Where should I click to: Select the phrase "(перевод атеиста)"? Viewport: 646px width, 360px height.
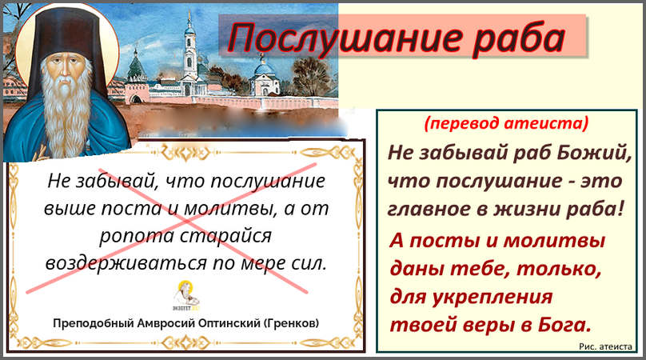coord(506,123)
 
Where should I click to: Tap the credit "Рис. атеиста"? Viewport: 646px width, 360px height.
coord(605,346)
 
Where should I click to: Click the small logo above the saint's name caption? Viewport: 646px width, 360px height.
coord(185,295)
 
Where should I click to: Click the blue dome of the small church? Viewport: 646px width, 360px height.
coord(263,67)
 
